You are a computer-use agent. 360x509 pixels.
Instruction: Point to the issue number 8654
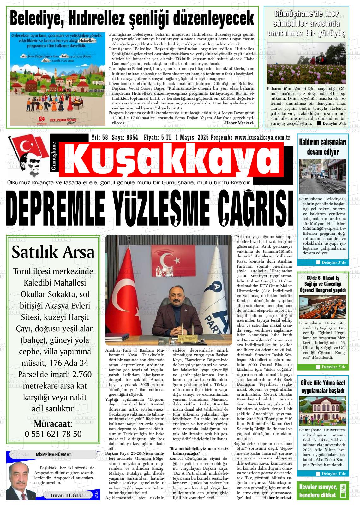pyautogui.click(x=132, y=138)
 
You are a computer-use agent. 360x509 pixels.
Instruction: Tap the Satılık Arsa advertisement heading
pyautogui.click(x=53, y=252)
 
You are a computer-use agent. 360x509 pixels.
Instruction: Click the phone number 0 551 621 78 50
pyautogui.click(x=53, y=434)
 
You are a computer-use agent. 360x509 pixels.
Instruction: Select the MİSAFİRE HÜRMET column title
pyautogui.click(x=53, y=454)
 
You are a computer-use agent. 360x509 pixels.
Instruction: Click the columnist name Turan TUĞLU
pyautogui.click(x=66, y=495)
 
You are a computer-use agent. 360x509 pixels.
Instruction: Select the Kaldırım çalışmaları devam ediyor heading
pyautogui.click(x=323, y=147)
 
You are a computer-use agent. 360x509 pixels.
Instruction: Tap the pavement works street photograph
pyautogui.click(x=322, y=176)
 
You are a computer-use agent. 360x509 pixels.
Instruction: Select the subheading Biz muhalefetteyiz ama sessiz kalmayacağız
pyautogui.click(x=199, y=451)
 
